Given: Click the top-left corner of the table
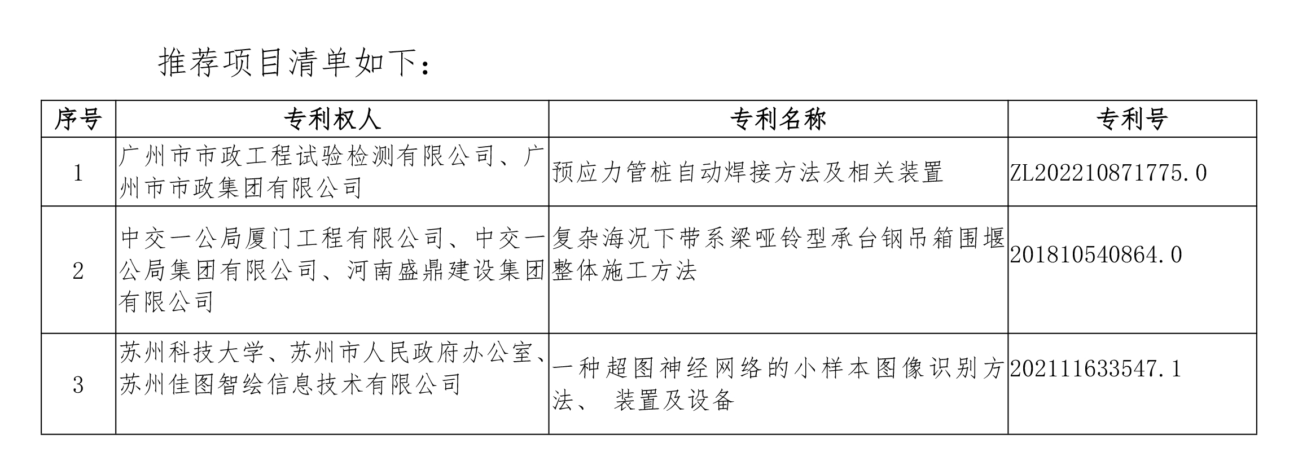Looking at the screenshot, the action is pos(42,101).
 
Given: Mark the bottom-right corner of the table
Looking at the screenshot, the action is pos(1256,434).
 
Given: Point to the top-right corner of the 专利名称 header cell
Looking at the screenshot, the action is pos(1008,101).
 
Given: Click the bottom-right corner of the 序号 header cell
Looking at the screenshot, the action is pos(116,137).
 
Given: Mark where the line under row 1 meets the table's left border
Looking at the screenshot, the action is pos(42,206).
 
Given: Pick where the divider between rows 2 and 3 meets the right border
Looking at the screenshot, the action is pos(1256,333).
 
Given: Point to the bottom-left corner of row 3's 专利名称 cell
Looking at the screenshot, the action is pos(549,434).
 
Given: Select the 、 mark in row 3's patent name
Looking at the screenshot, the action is pos(581,404).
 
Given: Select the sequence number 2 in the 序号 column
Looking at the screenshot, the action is pos(78,271).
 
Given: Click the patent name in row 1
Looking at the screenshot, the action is pos(748,173).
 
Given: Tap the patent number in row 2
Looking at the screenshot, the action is pos(1095,255).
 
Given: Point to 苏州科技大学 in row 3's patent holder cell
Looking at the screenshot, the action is pos(192,353).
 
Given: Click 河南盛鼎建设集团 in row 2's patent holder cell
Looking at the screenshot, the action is pos(446,271).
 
